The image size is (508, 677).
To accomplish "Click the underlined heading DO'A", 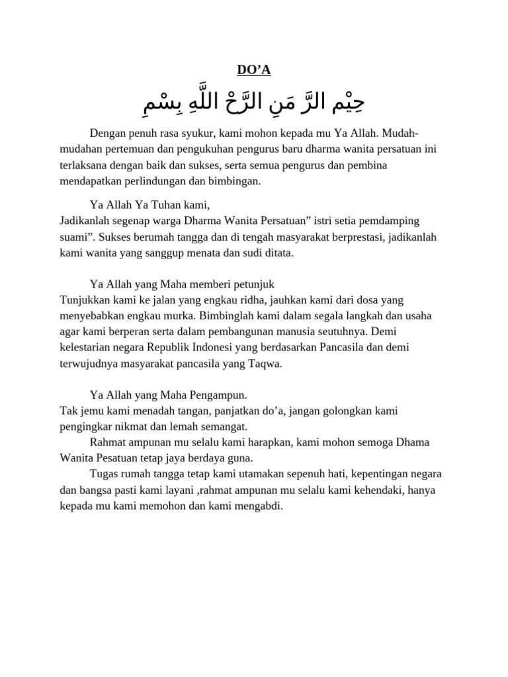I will coord(254,70).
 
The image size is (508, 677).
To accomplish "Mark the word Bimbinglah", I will coord(228,315).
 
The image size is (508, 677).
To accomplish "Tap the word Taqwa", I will coord(265,362).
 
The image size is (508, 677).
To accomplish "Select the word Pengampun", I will coord(215,395).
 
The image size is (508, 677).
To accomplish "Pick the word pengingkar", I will coord(87,426).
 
